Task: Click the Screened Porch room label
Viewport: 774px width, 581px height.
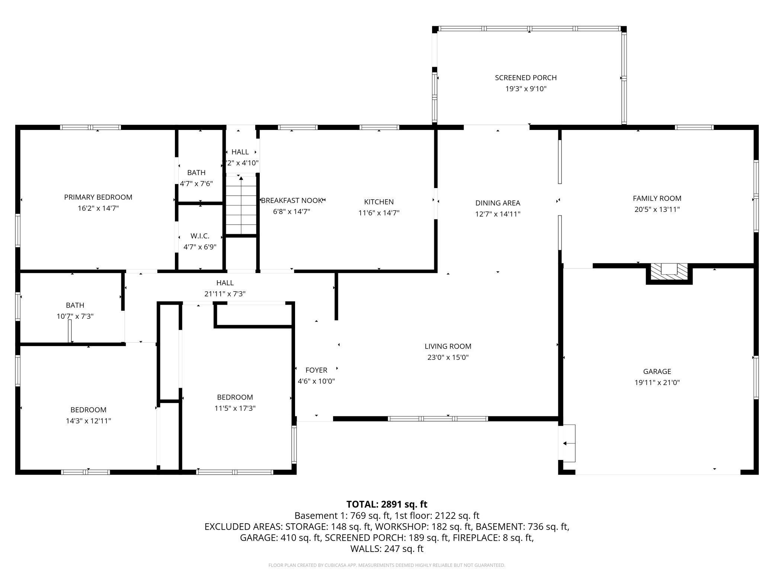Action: tap(526, 77)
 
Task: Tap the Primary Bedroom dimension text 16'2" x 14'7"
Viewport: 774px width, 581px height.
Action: tap(98, 208)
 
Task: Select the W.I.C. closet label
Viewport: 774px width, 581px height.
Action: tap(200, 236)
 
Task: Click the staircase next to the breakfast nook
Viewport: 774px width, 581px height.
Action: tap(241, 205)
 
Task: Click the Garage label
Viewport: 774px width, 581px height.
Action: tap(657, 371)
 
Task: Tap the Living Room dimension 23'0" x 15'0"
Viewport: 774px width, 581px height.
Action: tap(448, 358)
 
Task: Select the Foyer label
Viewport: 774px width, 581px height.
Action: tap(316, 370)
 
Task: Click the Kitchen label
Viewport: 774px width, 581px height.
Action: tap(379, 202)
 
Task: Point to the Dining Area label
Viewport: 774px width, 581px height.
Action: tap(498, 203)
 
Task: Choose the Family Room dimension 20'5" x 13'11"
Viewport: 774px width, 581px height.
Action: tap(657, 209)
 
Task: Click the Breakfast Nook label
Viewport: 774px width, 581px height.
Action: tap(291, 200)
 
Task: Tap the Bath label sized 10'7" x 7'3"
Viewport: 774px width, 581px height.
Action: tap(75, 305)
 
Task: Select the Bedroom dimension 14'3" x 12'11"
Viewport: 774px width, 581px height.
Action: tap(89, 421)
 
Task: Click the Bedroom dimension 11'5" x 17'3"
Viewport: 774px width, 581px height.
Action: tap(235, 408)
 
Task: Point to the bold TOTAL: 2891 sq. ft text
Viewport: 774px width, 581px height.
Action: tap(387, 504)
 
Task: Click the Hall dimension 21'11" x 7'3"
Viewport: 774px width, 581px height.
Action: tap(225, 294)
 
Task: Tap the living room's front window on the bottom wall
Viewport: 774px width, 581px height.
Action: tap(438, 419)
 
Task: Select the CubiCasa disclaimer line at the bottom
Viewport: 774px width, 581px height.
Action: tap(387, 565)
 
